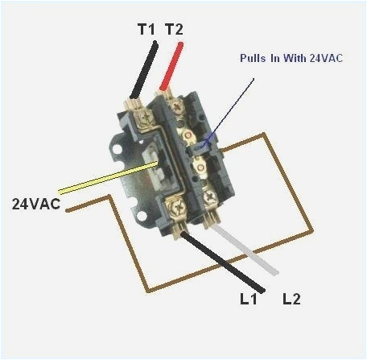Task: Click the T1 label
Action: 146,29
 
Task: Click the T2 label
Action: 173,29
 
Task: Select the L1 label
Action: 249,300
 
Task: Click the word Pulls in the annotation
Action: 254,59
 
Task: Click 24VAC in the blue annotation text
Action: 314,59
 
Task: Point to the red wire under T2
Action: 170,68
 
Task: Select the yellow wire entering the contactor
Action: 97,182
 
